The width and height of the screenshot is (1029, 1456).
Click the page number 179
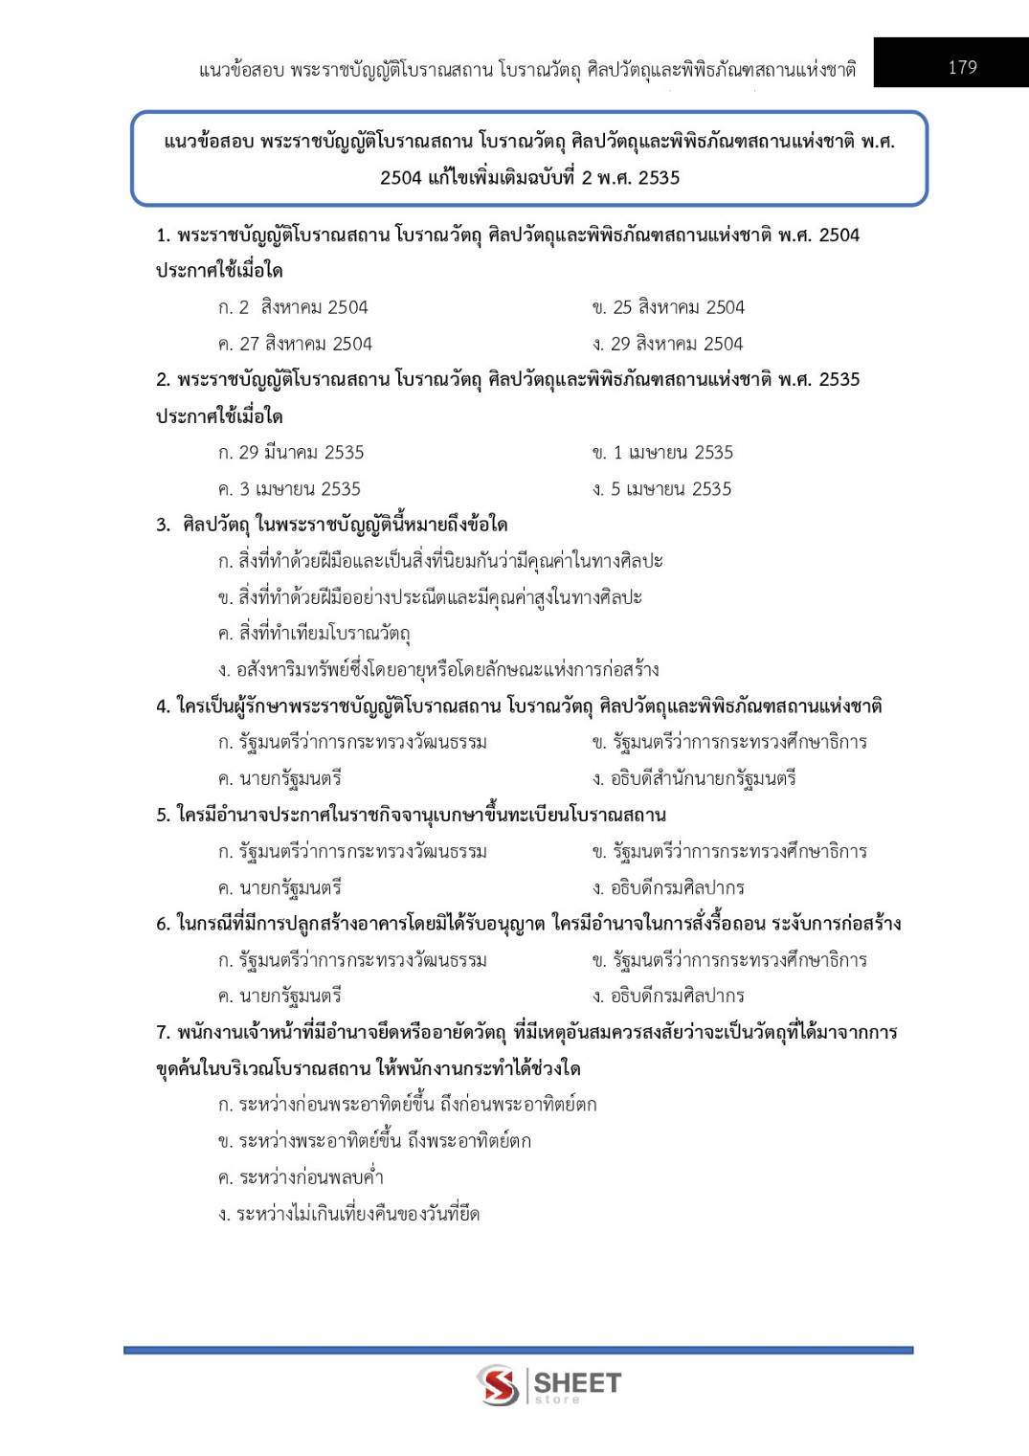pyautogui.click(x=962, y=67)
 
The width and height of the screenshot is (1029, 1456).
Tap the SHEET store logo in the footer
pyautogui.click(x=549, y=1385)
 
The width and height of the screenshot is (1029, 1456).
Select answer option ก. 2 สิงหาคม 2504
pyautogui.click(x=293, y=307)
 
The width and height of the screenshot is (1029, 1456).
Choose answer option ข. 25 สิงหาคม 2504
pyautogui.click(x=667, y=307)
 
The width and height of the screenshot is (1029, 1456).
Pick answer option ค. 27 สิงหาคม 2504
pyautogui.click(x=295, y=344)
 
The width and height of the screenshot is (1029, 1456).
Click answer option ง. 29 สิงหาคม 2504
pyautogui.click(x=667, y=344)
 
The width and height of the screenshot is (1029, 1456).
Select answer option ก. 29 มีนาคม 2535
pyautogui.click(x=291, y=453)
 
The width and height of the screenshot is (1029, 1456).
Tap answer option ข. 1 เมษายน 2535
pyautogui.click(x=662, y=453)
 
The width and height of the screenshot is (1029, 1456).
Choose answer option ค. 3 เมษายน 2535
pyautogui.click(x=289, y=489)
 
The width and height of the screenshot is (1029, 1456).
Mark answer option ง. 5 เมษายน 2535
pyautogui.click(x=661, y=489)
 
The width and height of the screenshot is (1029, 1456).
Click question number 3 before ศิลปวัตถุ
pyautogui.click(x=163, y=525)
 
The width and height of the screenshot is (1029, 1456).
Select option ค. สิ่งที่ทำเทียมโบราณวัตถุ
pyautogui.click(x=314, y=633)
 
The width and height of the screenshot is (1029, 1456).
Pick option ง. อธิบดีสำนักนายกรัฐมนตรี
pyautogui.click(x=694, y=778)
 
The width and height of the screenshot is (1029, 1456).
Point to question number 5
pyautogui.click(x=163, y=815)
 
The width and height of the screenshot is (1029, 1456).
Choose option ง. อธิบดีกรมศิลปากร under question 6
pyautogui.click(x=668, y=996)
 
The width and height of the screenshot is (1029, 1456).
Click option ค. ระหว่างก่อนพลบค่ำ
pyautogui.click(x=301, y=1177)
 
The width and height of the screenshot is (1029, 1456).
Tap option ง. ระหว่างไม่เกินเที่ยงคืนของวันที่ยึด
pyautogui.click(x=348, y=1214)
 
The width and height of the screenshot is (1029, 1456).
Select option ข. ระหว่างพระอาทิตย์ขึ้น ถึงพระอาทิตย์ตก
pyautogui.click(x=374, y=1141)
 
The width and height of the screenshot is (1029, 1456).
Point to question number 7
pyautogui.click(x=163, y=1032)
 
